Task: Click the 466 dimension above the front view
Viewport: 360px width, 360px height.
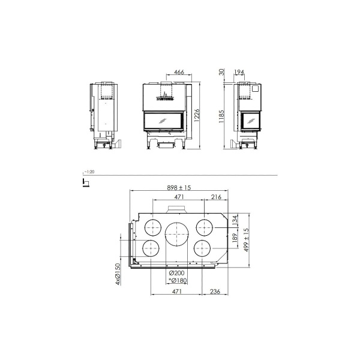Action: pos(179,72)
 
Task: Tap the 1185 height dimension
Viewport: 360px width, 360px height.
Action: pos(222,115)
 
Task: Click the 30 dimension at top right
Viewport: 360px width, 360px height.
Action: pos(222,73)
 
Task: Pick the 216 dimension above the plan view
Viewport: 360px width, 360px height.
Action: pos(216,197)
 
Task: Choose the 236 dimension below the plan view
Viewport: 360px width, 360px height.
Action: pos(216,292)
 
